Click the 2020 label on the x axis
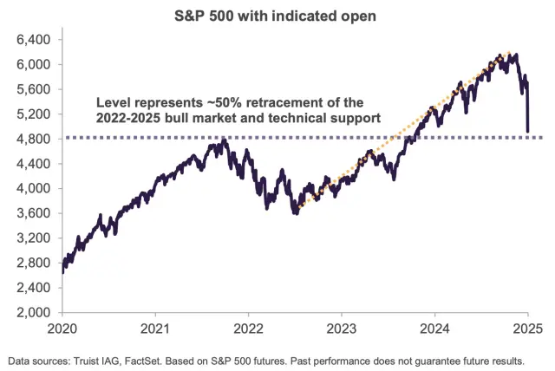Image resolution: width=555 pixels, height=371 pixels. (62, 329)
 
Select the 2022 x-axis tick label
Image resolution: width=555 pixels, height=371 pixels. (248, 329)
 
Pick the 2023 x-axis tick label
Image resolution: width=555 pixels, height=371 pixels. (341, 329)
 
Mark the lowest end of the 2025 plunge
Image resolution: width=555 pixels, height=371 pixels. (527, 133)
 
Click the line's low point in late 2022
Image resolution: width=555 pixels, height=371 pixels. (296, 212)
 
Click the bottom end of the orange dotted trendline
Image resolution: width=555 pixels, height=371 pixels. (297, 209)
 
